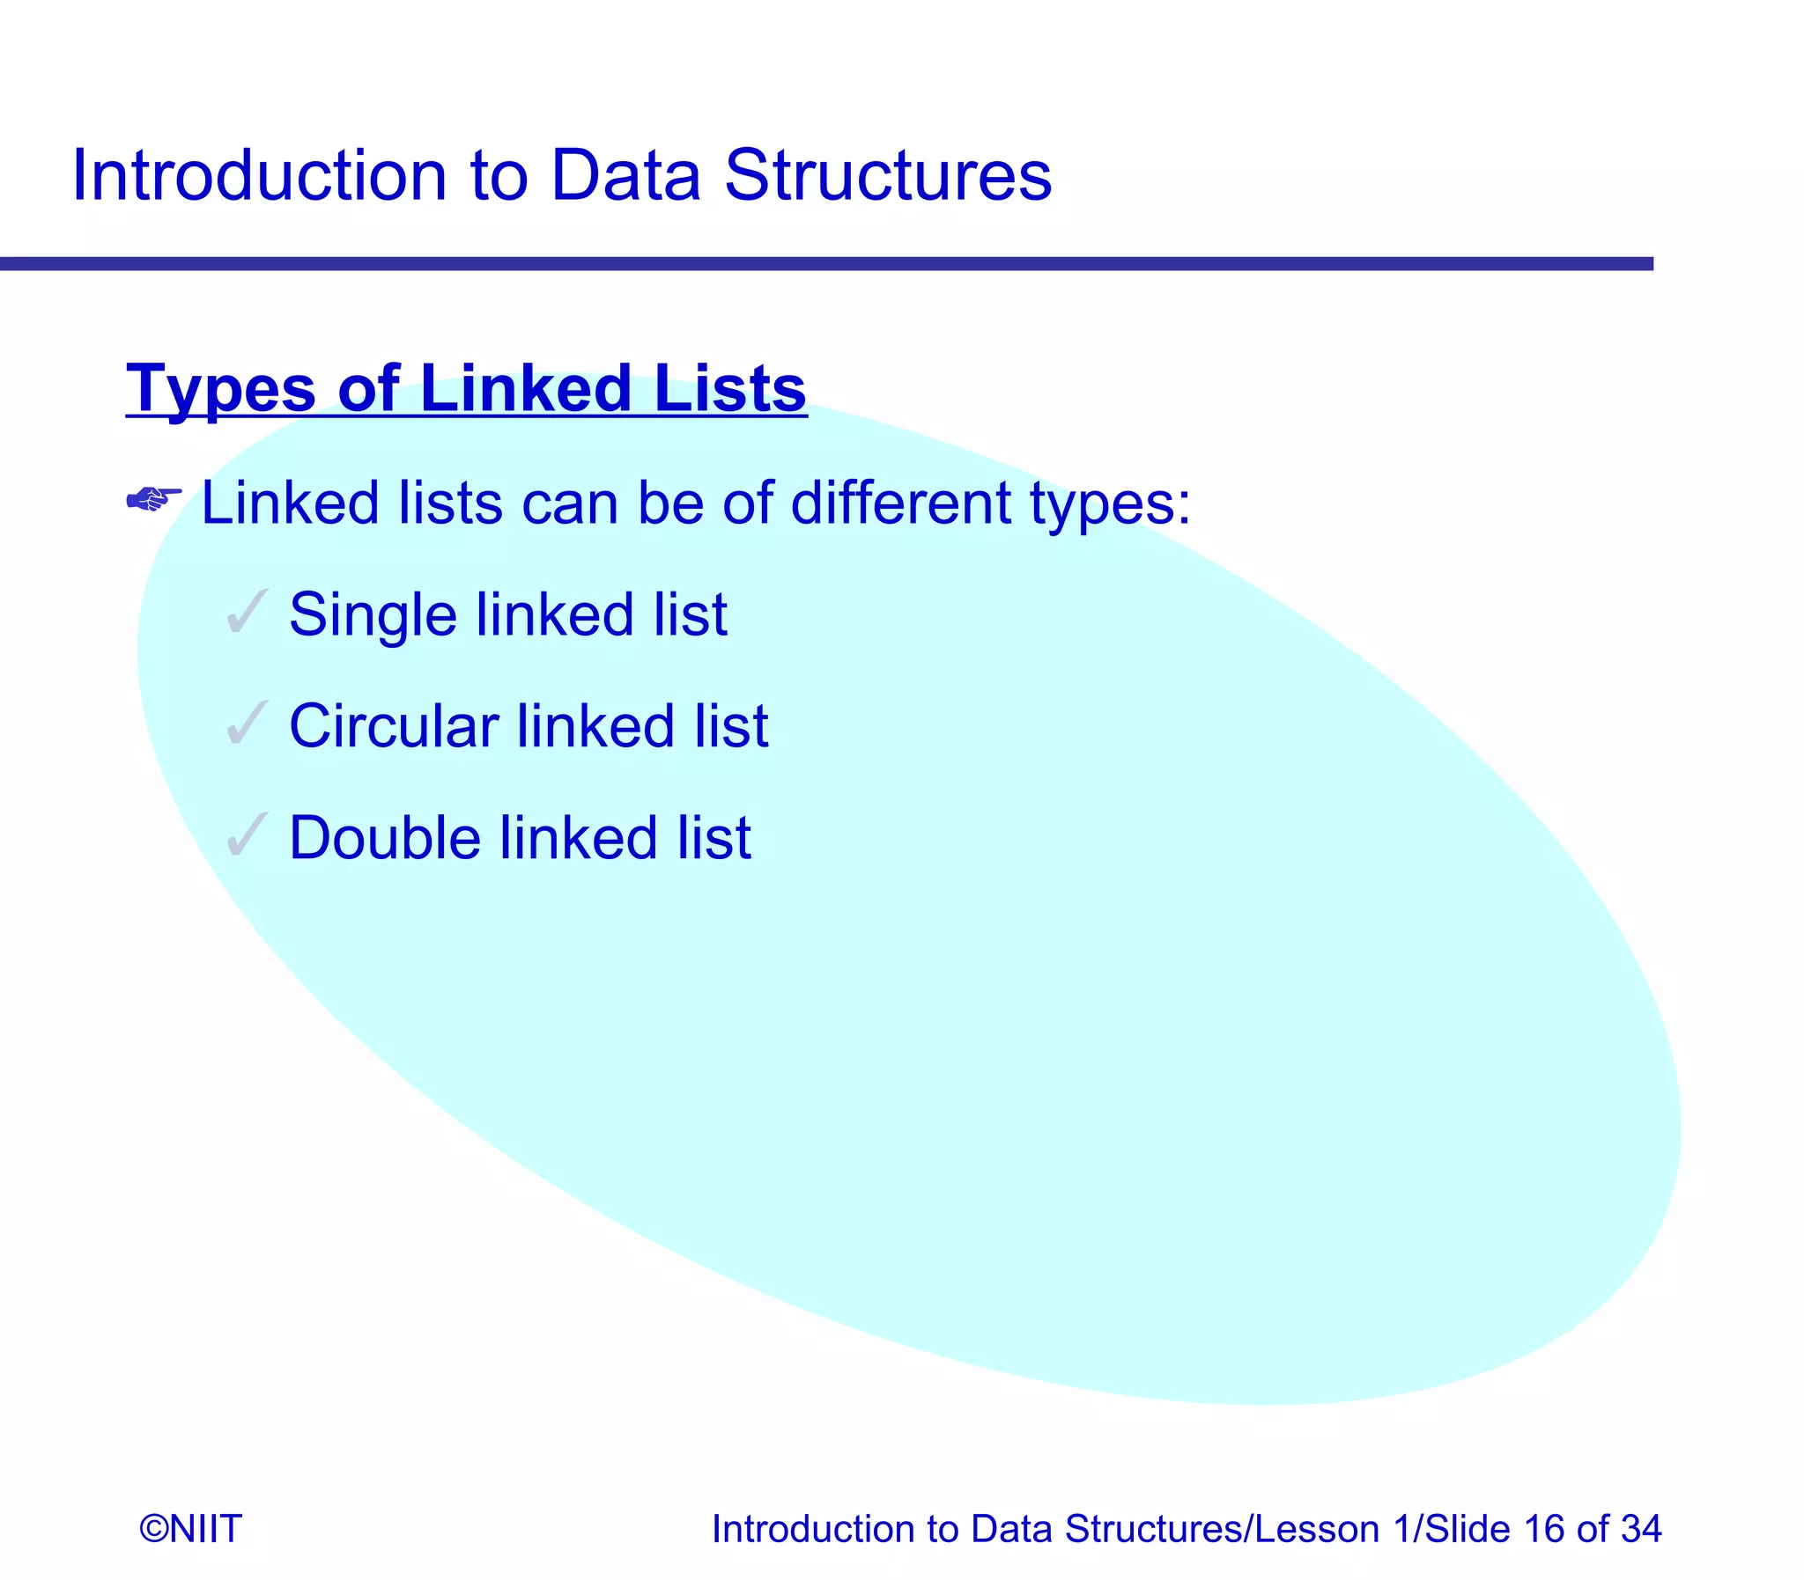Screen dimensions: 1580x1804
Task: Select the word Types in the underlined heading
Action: [x=220, y=389]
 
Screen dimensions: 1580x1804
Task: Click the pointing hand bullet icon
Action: [x=154, y=500]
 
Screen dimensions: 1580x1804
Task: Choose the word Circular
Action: [x=394, y=725]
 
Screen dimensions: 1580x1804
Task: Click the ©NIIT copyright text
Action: [x=190, y=1528]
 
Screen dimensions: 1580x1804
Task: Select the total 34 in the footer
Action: [x=1640, y=1528]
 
